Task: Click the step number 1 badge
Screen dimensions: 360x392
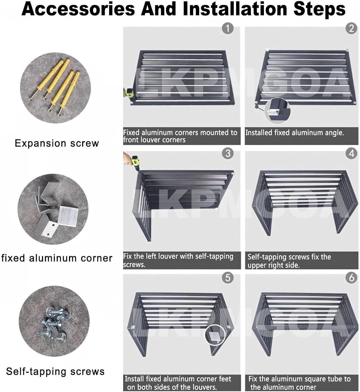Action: pyautogui.click(x=228, y=28)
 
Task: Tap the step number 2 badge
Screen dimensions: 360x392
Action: pyautogui.click(x=351, y=28)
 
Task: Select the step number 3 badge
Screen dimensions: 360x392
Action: pyautogui.click(x=228, y=153)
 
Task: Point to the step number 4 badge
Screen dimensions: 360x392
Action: pyautogui.click(x=351, y=153)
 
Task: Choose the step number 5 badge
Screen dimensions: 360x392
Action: pyautogui.click(x=228, y=278)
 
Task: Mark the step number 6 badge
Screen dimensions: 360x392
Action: pyautogui.click(x=351, y=278)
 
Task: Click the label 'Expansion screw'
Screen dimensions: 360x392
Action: pyautogui.click(x=57, y=143)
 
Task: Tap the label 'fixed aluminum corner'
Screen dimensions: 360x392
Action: pyautogui.click(x=57, y=258)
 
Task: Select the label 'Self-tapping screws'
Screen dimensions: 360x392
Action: pyautogui.click(x=55, y=372)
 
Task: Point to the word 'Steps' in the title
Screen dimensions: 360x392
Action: pyautogui.click(x=319, y=9)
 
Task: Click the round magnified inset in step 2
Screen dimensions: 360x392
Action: pyautogui.click(x=278, y=110)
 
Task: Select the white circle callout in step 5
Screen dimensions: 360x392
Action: pyautogui.click(x=215, y=335)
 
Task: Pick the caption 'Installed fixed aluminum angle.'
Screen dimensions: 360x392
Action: pyautogui.click(x=294, y=133)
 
